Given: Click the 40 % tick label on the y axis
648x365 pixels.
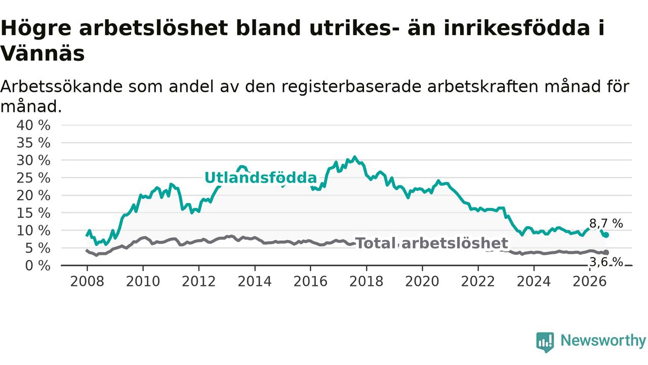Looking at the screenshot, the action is pos(33,125).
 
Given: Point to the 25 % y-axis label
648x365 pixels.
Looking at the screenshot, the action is pos(33,178).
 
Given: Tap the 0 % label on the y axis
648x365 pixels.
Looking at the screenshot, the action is pos(37,266).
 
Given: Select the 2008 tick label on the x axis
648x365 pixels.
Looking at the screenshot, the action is pos(87,281).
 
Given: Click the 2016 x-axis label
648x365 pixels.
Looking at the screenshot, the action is pos(310,281).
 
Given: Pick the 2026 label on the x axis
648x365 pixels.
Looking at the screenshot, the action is pos(590,281).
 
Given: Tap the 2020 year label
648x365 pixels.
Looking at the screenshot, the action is pos(422,281).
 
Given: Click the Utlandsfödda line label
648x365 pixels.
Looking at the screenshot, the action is pos(261,177).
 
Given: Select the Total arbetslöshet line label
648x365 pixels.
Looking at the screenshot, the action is pos(431,243).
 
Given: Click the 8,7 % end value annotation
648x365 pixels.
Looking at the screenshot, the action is pos(606,224).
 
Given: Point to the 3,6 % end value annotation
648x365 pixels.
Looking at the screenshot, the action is pos(606,262).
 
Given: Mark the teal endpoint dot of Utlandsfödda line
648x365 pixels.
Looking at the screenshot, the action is pos(606,235).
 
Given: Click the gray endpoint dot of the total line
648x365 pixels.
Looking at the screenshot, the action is pos(606,252).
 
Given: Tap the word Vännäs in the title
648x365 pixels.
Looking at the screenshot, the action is pos(43,54).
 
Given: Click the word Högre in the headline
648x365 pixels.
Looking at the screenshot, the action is pos(36,28).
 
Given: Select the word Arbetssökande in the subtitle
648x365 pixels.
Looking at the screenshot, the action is pos(61,86).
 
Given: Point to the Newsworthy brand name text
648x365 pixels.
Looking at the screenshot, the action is pos(603,340).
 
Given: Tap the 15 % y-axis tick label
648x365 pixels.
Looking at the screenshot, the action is pos(33,213).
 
